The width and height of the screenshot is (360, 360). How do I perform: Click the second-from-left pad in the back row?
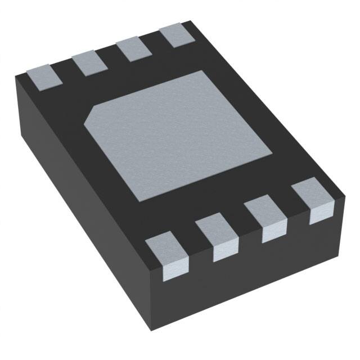[90, 62]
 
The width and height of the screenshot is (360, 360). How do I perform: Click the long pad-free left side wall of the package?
[79, 186]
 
